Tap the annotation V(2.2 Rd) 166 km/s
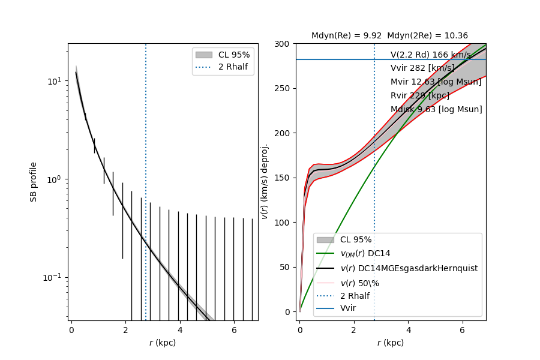tap(430, 55)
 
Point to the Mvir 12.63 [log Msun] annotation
tap(436, 82)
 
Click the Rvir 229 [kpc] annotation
tap(419, 95)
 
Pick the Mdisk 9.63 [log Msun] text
tap(436, 109)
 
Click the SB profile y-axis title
tap(34, 181)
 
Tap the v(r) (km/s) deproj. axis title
tap(265, 181)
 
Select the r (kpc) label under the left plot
tap(163, 343)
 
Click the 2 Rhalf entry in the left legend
tap(234, 66)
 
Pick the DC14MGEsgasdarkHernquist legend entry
tap(409, 268)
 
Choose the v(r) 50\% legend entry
tap(359, 282)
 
